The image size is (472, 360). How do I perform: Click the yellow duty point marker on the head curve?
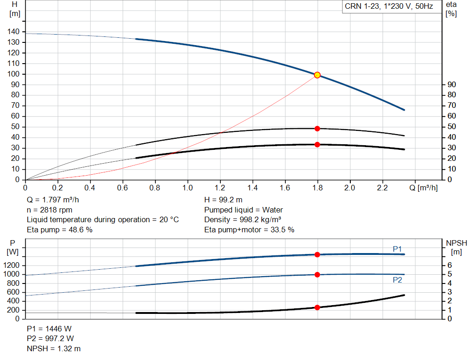[x=317, y=75]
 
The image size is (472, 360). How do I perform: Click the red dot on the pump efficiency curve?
[x=317, y=129]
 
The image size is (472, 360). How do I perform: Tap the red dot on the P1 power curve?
[x=317, y=254]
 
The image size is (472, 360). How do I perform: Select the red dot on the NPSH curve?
[x=317, y=307]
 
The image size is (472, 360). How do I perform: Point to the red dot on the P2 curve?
[x=317, y=275]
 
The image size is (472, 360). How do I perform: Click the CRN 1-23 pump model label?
[x=389, y=6]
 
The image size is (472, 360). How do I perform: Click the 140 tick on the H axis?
[x=13, y=32]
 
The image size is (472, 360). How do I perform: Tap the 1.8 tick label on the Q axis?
[x=318, y=188]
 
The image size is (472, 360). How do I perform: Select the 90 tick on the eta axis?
[x=452, y=84]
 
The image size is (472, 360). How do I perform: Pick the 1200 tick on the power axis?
[x=11, y=265]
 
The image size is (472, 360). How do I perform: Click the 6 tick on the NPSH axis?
[x=449, y=265]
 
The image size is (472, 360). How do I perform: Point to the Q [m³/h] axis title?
[x=424, y=188]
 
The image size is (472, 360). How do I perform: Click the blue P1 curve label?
[x=397, y=249]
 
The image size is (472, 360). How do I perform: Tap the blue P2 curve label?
[x=397, y=280]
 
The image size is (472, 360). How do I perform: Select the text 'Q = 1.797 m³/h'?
[x=53, y=200]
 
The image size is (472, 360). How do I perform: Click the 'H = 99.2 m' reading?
[x=224, y=200]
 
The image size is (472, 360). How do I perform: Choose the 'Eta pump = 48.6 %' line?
[x=59, y=230]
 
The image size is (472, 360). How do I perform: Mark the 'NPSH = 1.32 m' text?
[x=53, y=348]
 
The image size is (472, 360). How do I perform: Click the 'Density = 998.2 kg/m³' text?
[x=242, y=220]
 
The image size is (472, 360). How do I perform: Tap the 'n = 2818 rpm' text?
[x=50, y=210]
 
